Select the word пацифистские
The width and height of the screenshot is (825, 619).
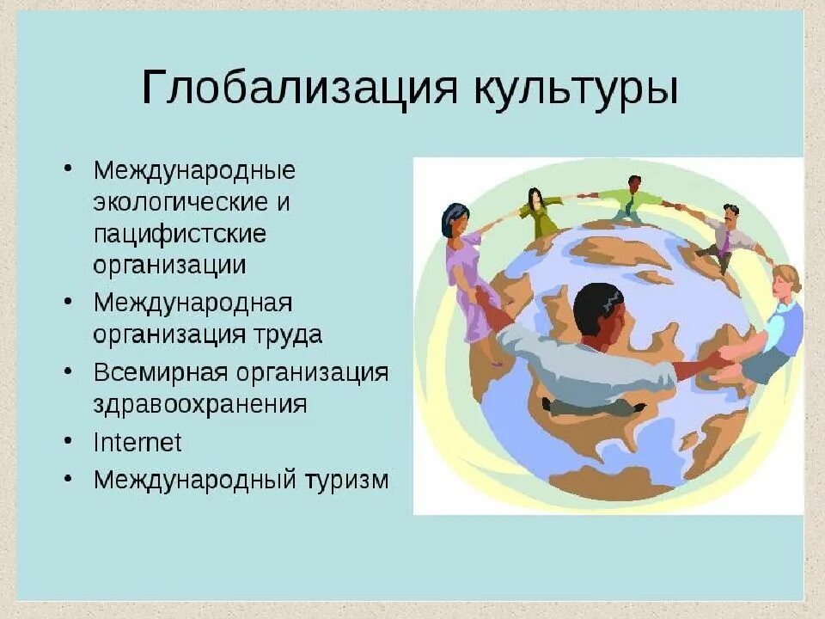click(180, 233)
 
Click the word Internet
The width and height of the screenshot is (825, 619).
click(137, 442)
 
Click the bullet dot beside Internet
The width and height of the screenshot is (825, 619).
click(68, 440)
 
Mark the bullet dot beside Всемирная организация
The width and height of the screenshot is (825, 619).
click(68, 372)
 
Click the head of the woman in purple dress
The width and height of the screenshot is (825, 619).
click(455, 219)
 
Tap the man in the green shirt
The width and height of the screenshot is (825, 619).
click(632, 200)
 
